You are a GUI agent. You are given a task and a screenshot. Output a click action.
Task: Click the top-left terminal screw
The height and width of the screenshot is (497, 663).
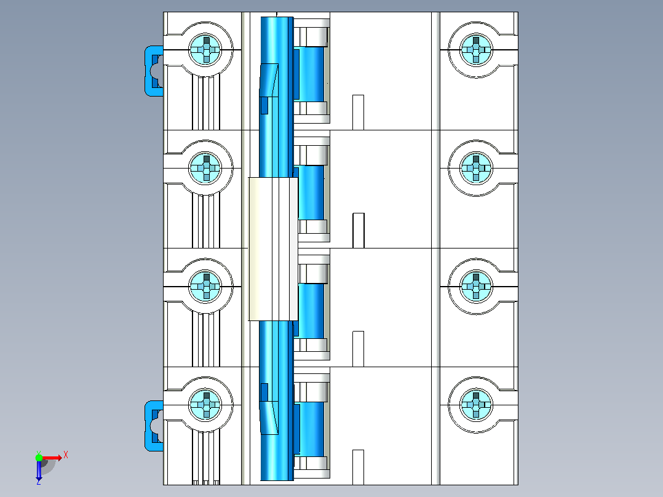[x=205, y=50]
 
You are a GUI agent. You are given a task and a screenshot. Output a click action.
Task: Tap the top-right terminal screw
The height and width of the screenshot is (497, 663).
[x=476, y=50]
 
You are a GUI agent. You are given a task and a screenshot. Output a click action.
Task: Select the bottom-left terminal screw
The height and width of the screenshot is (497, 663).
[x=205, y=405]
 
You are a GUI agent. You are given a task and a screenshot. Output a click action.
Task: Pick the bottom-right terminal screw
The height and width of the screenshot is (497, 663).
[x=476, y=405]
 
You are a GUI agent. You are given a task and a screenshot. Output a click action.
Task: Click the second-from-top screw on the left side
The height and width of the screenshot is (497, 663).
[x=205, y=168]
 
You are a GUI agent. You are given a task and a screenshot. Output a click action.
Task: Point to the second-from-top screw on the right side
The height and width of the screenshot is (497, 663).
[x=476, y=168]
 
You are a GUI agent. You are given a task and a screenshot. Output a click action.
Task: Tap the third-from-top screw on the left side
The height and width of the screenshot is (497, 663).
[x=205, y=287]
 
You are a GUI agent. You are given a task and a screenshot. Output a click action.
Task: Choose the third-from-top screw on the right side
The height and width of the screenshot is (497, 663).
[x=476, y=287]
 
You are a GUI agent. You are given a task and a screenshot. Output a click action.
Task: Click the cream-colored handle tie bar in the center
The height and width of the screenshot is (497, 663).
[x=273, y=248]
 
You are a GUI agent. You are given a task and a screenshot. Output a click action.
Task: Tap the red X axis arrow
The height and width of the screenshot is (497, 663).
[x=52, y=458]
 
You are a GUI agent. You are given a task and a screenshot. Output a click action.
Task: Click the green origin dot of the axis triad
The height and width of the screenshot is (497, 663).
[x=39, y=458]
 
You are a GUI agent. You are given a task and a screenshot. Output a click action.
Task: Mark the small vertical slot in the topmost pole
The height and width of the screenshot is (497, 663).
[x=358, y=112]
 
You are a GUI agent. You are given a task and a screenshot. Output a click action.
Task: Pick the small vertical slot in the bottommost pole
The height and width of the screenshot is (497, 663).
[x=358, y=467]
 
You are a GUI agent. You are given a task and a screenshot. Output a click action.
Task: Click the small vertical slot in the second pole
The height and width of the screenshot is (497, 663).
[x=358, y=231]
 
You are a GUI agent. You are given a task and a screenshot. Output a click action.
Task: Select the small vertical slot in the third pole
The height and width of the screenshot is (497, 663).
[x=358, y=349]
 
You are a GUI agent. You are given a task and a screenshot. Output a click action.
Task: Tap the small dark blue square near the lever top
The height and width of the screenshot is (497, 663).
[x=264, y=105]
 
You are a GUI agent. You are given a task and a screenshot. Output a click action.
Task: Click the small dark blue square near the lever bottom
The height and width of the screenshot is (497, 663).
[x=264, y=392]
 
